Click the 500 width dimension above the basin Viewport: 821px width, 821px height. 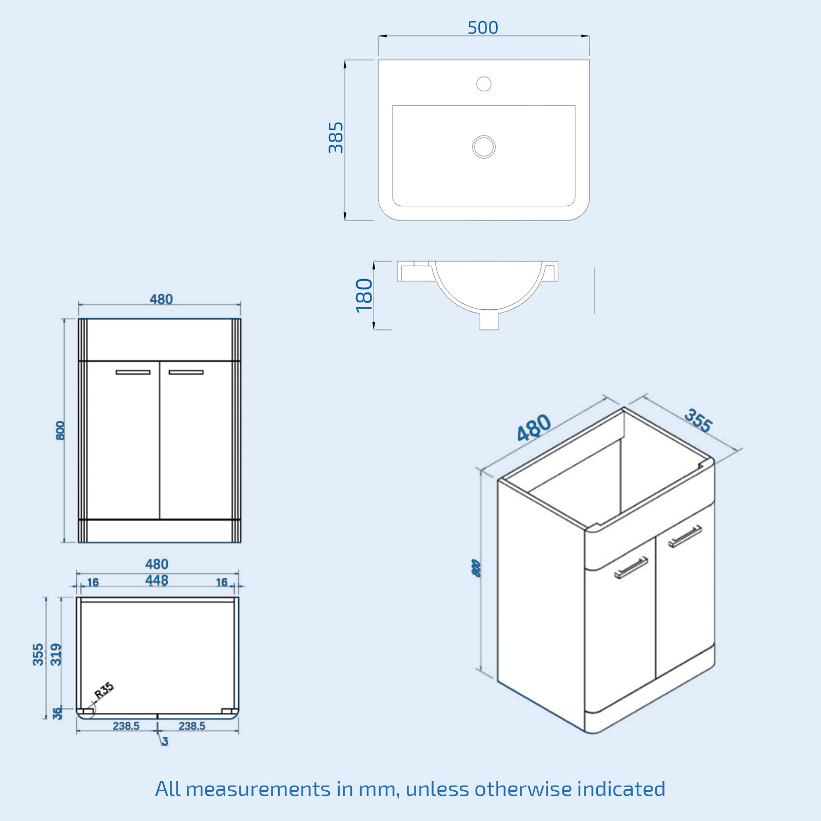[x=483, y=28]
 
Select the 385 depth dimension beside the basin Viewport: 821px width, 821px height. [x=336, y=138]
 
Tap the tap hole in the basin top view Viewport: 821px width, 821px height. [x=484, y=84]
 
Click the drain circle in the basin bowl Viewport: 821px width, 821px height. [x=484, y=147]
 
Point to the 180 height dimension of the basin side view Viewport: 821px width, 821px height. [x=364, y=295]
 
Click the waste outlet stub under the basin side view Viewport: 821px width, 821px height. [x=489, y=321]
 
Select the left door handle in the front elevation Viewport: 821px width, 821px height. [x=133, y=372]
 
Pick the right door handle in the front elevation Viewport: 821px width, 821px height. [x=186, y=372]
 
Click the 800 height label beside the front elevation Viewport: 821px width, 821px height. [x=61, y=431]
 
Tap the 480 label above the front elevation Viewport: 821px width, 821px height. [x=161, y=299]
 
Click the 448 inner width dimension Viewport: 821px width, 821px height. [x=157, y=580]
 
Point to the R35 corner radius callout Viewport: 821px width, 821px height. [x=104, y=690]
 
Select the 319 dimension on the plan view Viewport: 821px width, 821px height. [x=56, y=654]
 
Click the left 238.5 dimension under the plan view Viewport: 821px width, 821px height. [x=126, y=726]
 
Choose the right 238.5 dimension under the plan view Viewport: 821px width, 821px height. [x=192, y=726]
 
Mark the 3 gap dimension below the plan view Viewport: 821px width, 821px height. [x=165, y=741]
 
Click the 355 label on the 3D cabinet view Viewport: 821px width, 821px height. [x=698, y=421]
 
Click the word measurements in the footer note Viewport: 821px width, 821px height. [x=258, y=789]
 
